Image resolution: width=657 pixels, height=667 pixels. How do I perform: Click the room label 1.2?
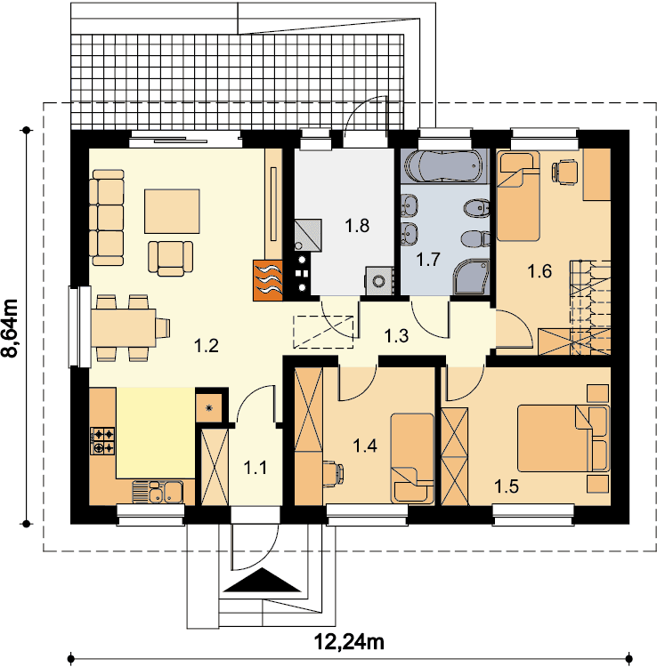pos(207,345)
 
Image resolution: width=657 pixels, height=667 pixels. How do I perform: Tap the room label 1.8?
pos(357,226)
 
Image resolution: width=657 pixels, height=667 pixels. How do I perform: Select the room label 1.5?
pos(507,486)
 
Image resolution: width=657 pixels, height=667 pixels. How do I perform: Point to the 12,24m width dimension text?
pos(349,640)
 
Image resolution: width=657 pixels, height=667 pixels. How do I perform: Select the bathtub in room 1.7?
pos(443,166)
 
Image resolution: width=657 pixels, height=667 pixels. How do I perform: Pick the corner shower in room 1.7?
pos(471,277)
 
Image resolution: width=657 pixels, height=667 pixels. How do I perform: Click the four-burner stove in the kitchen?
pos(102,441)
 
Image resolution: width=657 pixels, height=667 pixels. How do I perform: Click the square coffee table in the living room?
pos(172,211)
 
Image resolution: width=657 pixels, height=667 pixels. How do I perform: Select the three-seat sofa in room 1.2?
pos(107,218)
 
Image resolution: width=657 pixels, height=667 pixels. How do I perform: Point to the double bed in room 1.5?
pos(564,438)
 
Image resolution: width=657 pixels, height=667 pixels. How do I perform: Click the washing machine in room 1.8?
pos(379,280)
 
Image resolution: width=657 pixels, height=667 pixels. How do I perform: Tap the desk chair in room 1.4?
pos(333,473)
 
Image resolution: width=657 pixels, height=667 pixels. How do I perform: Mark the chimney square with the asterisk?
pos(209,408)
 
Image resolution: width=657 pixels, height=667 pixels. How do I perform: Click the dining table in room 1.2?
pos(123,328)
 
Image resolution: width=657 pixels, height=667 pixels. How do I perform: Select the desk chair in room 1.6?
pos(564,172)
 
